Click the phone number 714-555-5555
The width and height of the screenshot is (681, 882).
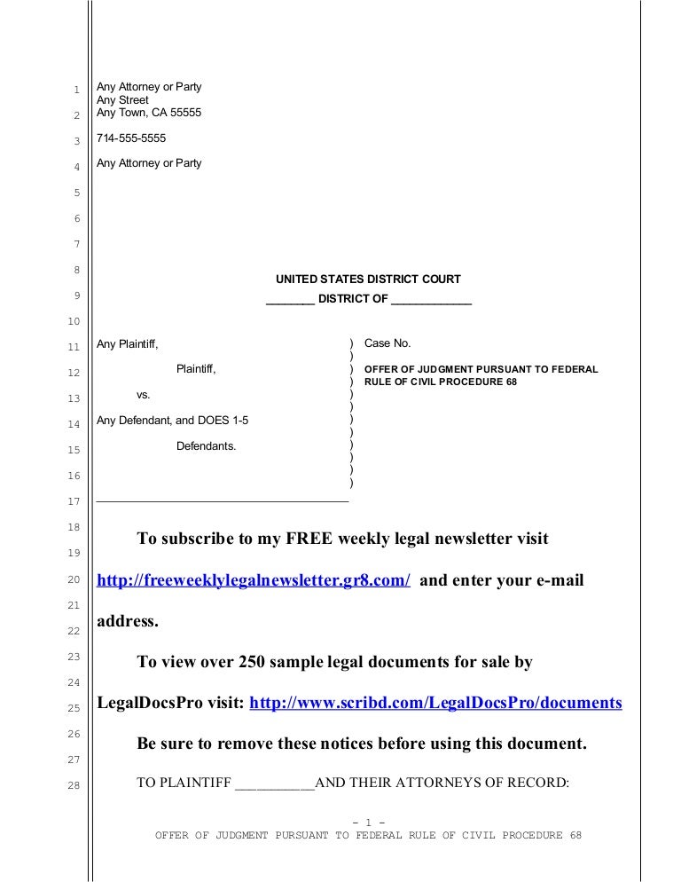click(x=131, y=139)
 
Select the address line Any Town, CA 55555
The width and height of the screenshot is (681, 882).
click(x=149, y=114)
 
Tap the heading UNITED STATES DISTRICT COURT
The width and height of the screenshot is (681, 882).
click(x=368, y=280)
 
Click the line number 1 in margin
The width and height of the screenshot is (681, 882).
click(x=76, y=90)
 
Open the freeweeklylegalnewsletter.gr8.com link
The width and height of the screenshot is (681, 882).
click(x=253, y=580)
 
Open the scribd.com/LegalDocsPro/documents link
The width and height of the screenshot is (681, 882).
click(x=436, y=703)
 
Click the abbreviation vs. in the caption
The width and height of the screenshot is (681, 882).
click(x=144, y=394)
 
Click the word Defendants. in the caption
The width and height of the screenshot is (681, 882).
click(x=207, y=446)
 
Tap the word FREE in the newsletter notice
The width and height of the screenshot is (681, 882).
click(x=314, y=539)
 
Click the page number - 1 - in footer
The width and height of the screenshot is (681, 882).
click(x=368, y=821)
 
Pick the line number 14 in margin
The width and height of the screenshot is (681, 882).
click(x=75, y=424)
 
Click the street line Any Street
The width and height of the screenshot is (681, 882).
click(x=122, y=100)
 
